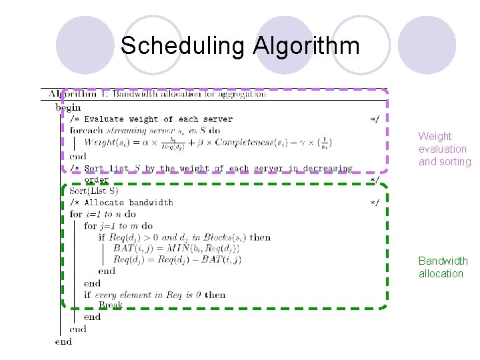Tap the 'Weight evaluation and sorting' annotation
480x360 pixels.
click(444, 149)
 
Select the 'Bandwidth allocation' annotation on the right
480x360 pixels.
click(443, 267)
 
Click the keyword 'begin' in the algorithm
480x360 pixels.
click(68, 107)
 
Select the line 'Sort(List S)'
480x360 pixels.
click(94, 191)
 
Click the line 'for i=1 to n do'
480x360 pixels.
click(103, 214)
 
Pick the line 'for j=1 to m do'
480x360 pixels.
click(118, 225)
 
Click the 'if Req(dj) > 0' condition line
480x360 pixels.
click(184, 237)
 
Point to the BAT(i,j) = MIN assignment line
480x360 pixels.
click(176, 248)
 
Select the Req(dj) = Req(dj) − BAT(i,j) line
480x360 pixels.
click(177, 259)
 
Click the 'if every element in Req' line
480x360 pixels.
click(155, 295)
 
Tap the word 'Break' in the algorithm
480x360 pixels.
click(110, 305)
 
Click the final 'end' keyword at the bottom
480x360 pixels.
click(63, 341)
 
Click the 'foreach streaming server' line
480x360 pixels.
click(145, 131)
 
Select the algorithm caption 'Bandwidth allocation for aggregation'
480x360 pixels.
click(189, 94)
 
